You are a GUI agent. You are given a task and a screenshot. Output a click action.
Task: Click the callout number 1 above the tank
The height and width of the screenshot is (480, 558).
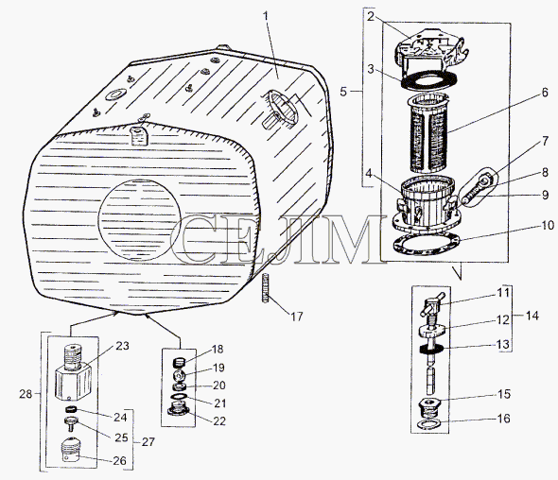(x=266, y=17)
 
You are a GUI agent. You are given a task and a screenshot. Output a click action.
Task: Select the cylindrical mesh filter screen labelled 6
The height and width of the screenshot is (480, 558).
(x=427, y=133)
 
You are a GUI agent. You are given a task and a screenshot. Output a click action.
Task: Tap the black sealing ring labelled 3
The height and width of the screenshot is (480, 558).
(x=428, y=80)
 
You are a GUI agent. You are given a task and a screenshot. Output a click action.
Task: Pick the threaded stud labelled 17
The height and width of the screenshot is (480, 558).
(x=265, y=288)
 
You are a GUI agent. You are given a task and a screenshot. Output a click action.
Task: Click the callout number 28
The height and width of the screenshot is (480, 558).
(x=26, y=394)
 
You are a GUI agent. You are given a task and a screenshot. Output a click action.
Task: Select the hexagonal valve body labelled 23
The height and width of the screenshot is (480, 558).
(x=73, y=372)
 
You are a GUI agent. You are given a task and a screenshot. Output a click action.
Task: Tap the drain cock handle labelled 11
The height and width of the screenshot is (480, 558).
(x=431, y=305)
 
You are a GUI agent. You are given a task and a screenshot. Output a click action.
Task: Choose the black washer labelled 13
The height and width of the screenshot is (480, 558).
(x=431, y=349)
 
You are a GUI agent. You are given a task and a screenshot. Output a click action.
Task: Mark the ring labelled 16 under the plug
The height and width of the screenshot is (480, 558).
(x=429, y=423)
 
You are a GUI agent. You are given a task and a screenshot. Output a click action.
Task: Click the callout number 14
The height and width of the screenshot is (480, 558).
(x=532, y=316)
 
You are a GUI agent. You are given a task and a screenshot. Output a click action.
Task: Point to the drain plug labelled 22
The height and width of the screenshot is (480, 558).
(x=178, y=409)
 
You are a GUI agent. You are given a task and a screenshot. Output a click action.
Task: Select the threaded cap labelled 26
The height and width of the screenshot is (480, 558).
(x=72, y=450)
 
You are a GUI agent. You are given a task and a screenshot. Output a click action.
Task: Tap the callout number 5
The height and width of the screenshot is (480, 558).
(x=342, y=92)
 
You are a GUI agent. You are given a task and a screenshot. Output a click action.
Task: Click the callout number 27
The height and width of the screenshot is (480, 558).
(x=148, y=441)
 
